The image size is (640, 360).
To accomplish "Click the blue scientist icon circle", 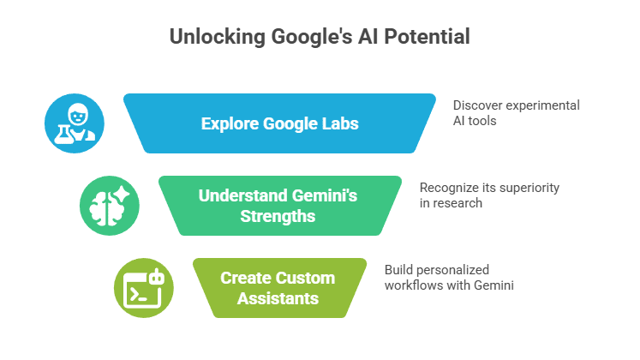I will tap(75, 123).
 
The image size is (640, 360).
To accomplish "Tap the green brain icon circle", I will tap(109, 206).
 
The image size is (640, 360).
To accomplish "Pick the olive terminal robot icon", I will tap(144, 287).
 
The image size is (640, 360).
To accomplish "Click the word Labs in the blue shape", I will tap(341, 123).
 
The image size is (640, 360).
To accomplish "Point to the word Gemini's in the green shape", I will tap(326, 195).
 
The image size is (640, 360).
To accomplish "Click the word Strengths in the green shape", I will tap(278, 216).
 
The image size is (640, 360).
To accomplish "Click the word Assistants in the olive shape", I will tap(278, 298).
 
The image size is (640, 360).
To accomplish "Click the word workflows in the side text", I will tap(416, 285).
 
